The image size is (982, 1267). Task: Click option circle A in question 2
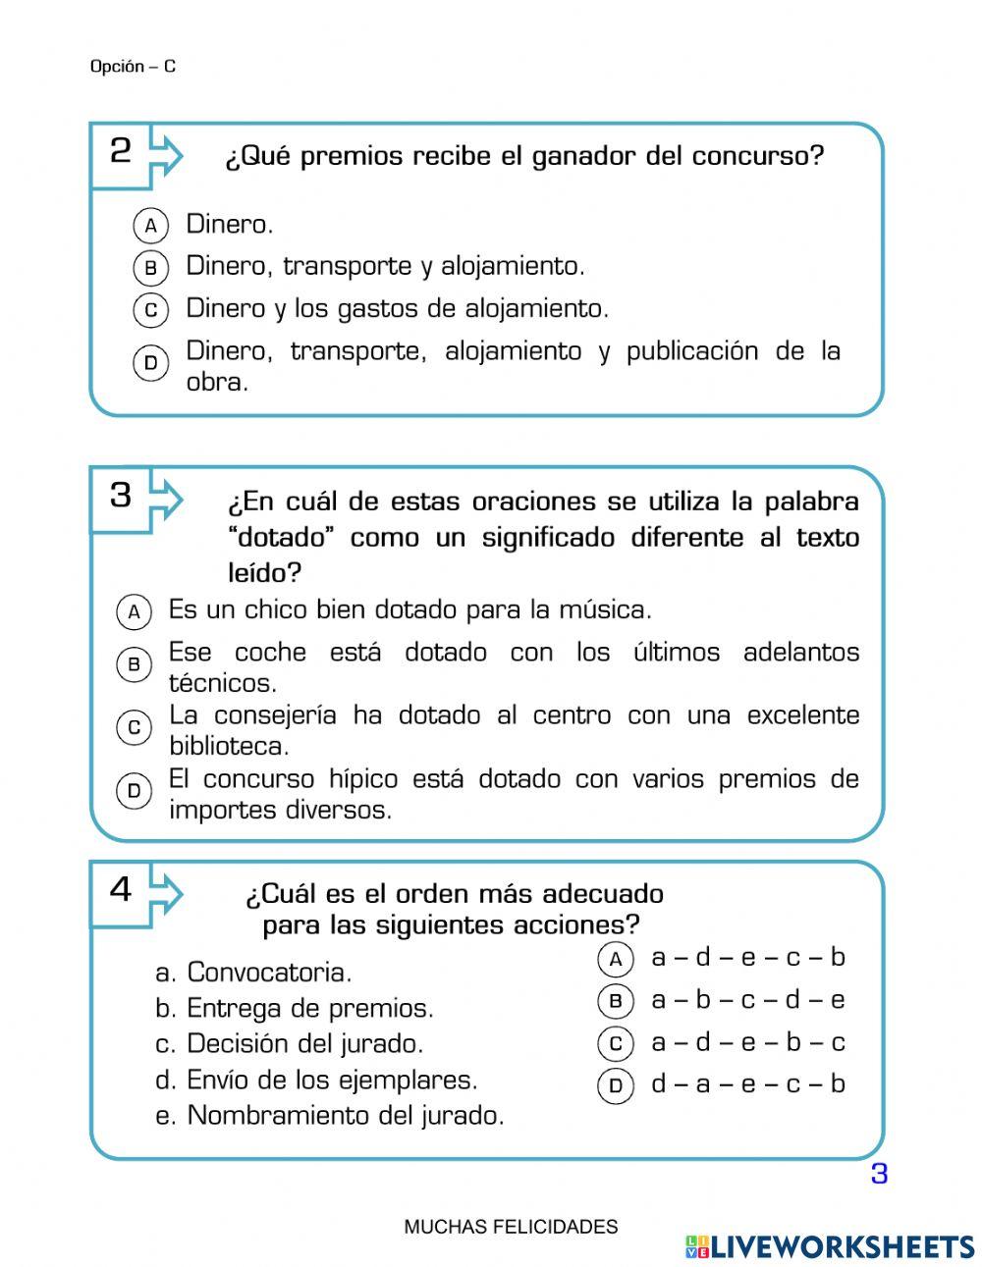coord(150,226)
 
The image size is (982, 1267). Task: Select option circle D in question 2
coord(150,363)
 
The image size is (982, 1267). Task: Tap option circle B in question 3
coord(134,664)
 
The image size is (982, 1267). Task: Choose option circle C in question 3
coord(134,727)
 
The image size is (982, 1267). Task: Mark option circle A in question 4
coord(615,959)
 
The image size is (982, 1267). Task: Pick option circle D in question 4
coord(615,1085)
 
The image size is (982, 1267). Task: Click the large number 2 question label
coord(120,151)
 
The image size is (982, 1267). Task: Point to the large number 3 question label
coord(120,495)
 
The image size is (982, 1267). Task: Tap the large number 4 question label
coord(120,889)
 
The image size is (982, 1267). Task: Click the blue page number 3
coord(879,1174)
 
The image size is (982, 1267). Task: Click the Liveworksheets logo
coord(830,1246)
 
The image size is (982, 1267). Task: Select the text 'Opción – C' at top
coord(133,67)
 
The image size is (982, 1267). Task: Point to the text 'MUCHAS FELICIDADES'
coord(511,1227)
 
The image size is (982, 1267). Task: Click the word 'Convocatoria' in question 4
coord(267,973)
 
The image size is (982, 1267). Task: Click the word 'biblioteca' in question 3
coord(228,746)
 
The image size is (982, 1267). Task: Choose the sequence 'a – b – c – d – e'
coord(747,1000)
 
